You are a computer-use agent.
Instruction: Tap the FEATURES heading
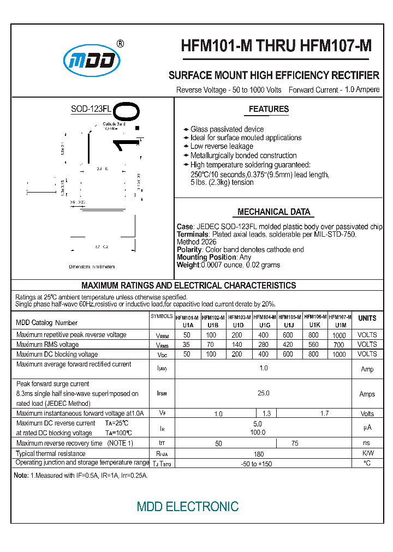tap(269, 109)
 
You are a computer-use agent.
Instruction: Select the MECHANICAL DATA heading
tap(273, 212)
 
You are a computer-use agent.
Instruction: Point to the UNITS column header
tap(367, 318)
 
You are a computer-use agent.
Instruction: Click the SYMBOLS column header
tap(162, 316)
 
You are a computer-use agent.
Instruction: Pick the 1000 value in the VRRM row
tap(339, 335)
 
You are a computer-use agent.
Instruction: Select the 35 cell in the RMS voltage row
tap(187, 345)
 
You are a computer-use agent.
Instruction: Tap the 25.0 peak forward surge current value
tap(263, 393)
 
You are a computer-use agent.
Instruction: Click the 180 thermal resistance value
tap(259, 454)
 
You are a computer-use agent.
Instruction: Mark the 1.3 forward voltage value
tap(266, 414)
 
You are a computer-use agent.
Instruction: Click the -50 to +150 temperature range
tap(257, 464)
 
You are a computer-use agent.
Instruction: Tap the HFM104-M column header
tap(264, 317)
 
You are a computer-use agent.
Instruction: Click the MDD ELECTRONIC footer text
tap(187, 507)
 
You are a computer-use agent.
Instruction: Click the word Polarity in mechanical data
tap(189, 250)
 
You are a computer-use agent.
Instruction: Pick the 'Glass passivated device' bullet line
tap(227, 129)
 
